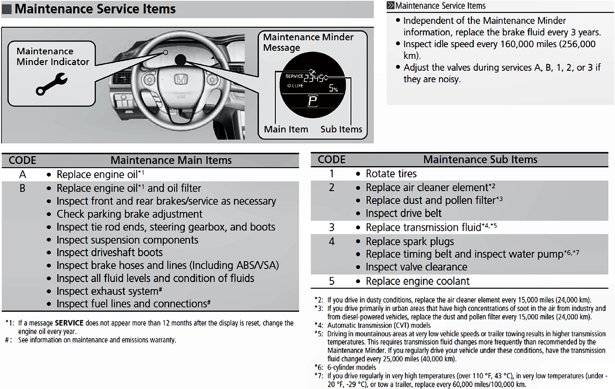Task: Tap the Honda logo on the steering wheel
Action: [181, 79]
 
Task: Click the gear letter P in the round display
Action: [313, 101]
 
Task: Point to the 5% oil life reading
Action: [333, 88]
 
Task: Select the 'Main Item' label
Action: [286, 129]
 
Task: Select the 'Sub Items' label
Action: [341, 129]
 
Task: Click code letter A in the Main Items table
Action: [23, 175]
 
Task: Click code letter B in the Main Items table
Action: [23, 188]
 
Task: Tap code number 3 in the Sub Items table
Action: [332, 227]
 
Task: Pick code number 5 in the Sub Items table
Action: [332, 281]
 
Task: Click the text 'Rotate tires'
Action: [391, 174]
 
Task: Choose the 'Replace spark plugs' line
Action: [409, 241]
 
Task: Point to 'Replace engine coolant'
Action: [417, 281]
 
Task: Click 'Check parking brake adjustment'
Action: [129, 214]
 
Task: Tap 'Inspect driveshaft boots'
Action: [109, 253]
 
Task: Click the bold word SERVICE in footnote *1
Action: [69, 323]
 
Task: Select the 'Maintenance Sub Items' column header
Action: [480, 160]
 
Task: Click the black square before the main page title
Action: [7, 9]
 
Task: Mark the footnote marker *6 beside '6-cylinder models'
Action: [319, 367]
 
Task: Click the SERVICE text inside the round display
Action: [294, 76]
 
